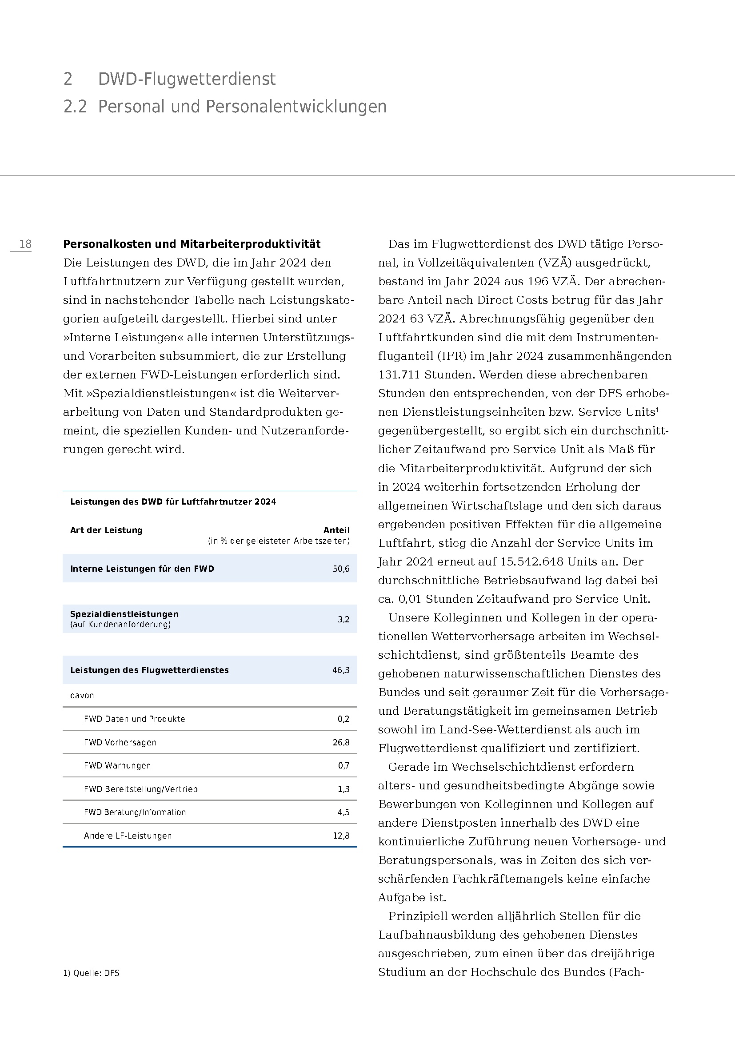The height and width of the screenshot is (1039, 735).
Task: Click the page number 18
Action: coord(25,244)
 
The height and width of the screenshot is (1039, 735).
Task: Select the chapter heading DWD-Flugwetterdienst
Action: coord(187,79)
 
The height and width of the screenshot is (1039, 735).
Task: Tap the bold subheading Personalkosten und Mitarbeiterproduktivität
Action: coord(192,244)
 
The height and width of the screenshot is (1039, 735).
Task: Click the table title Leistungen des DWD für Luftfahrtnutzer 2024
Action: coord(173,502)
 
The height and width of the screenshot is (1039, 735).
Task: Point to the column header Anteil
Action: coord(336,530)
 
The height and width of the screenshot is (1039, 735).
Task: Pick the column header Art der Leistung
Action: coord(106,530)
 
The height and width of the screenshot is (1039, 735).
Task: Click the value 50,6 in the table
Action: coord(341,569)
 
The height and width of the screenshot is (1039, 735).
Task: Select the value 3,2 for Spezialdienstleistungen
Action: coord(343,620)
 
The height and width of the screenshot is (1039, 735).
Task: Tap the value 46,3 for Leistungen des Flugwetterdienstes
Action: coord(341,670)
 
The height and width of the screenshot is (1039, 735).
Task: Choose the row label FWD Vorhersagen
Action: coord(120,742)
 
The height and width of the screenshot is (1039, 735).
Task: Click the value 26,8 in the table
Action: coord(341,742)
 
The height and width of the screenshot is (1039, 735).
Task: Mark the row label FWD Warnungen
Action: coord(117,766)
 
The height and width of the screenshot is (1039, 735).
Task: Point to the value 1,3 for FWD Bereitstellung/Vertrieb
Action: coord(343,789)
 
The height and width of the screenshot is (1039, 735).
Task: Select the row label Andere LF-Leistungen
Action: coord(128,836)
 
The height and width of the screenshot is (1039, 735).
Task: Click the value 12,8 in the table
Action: coord(341,836)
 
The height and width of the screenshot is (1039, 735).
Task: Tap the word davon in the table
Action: coord(82,696)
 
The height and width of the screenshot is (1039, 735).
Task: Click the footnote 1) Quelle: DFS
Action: coord(92,973)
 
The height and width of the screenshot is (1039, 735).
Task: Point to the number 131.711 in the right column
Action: coord(399,375)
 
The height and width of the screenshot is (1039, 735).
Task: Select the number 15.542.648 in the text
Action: coord(531,561)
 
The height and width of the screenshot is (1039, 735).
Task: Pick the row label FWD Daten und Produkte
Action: coord(134,719)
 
